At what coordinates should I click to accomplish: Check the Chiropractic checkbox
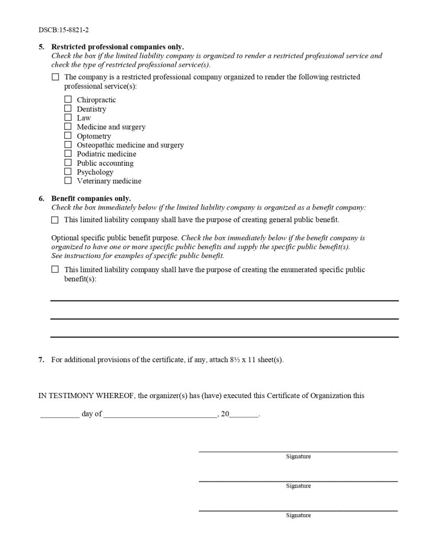[68, 99]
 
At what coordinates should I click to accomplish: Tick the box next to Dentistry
[68, 109]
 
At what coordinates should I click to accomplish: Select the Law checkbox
[68, 118]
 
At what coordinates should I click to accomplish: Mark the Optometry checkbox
[68, 136]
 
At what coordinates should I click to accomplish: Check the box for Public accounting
[68, 162]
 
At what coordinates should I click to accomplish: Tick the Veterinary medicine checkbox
[68, 181]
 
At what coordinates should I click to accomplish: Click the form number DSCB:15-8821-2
[60, 30]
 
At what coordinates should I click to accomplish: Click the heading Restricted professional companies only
[117, 47]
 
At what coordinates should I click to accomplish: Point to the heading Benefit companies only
[91, 199]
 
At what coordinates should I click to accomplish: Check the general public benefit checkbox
[55, 220]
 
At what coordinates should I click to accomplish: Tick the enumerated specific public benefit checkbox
[55, 270]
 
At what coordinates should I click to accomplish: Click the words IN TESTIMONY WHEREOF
[87, 396]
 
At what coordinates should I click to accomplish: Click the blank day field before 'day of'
[60, 416]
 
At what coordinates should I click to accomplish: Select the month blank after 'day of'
[160, 416]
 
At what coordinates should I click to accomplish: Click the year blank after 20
[243, 416]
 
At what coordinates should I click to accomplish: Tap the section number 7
[41, 360]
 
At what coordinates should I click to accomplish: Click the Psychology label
[95, 172]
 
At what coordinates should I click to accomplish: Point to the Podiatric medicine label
[107, 154]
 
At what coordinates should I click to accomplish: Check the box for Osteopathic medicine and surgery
[68, 145]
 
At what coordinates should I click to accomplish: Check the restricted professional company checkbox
[55, 77]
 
